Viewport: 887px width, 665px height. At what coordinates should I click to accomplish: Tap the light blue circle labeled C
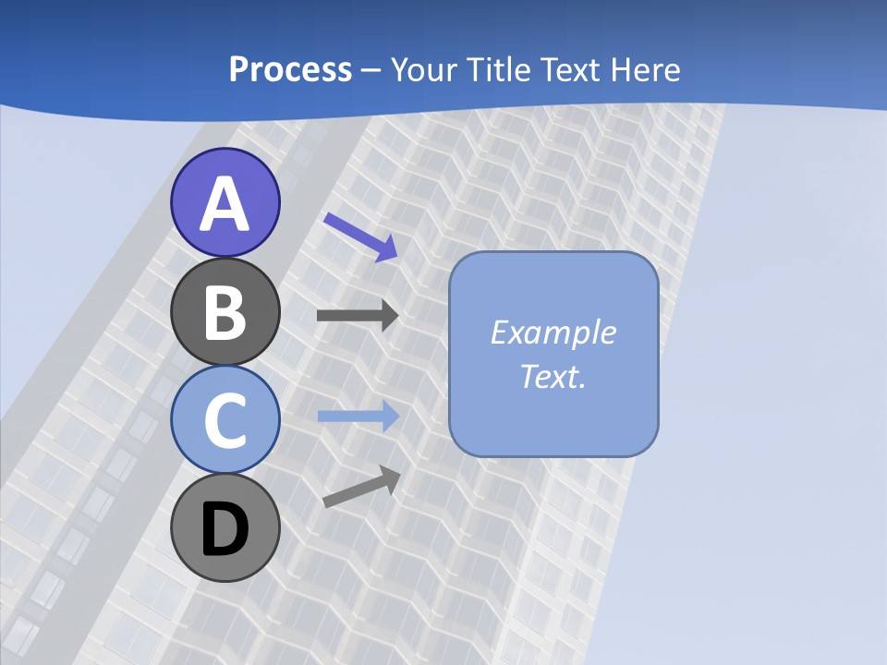(x=225, y=420)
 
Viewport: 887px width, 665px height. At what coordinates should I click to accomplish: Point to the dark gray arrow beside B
(x=357, y=316)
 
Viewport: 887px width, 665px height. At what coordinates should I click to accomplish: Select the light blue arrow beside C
(x=358, y=417)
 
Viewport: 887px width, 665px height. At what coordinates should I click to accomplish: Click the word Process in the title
(x=290, y=70)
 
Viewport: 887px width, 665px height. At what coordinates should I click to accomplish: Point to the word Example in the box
(x=553, y=332)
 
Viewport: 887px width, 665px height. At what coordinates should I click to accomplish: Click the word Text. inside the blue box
(x=553, y=377)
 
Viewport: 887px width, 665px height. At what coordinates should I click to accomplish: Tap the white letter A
(x=225, y=205)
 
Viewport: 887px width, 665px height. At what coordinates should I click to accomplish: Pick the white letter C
(x=225, y=420)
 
